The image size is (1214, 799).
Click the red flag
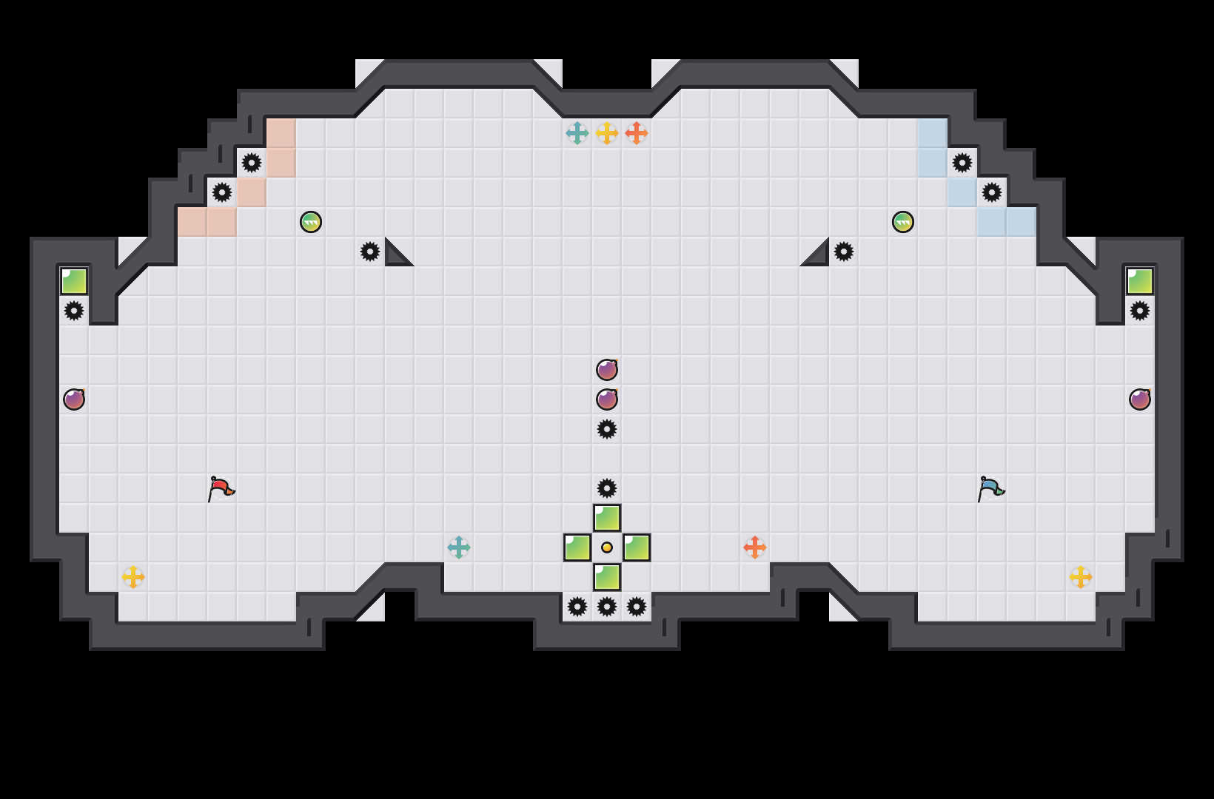[x=220, y=488]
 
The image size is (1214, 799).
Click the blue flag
[x=990, y=488]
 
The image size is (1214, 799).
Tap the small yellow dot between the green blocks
[x=607, y=547]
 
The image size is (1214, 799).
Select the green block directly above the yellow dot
[x=607, y=518]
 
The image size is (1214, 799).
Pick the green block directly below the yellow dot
[x=607, y=577]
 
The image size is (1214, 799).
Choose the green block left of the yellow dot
[x=577, y=547]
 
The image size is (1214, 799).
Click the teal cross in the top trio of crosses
[x=577, y=133]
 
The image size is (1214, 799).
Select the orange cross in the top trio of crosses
[x=637, y=133]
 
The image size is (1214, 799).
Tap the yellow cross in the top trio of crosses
[x=607, y=133]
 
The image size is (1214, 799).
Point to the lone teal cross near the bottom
[x=459, y=547]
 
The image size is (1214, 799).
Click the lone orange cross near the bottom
[x=755, y=547]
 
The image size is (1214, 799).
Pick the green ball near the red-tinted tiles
[x=311, y=222]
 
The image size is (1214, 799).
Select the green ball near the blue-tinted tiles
[x=903, y=222]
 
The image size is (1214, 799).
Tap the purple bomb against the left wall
[x=74, y=399]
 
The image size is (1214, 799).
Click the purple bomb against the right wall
[x=1140, y=399]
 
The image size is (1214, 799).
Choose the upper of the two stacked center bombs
[x=607, y=370]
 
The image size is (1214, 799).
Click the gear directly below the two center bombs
[x=607, y=429]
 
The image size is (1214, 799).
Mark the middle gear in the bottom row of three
[x=607, y=607]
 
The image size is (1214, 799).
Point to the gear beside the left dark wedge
[x=370, y=252]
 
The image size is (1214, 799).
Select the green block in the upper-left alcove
[x=74, y=281]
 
